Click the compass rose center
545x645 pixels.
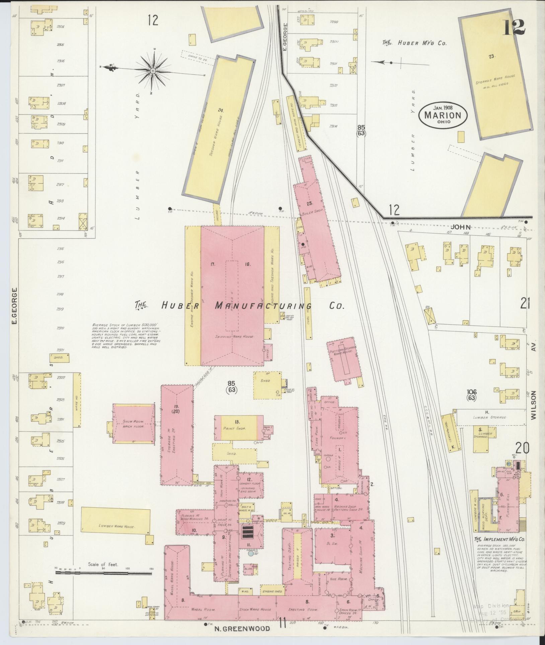tap(153, 71)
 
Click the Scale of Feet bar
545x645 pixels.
tap(103, 573)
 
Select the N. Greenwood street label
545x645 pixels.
tap(242, 628)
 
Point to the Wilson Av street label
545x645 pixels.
tap(534, 405)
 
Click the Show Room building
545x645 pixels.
tap(134, 423)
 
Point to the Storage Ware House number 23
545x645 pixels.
tap(491, 57)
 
